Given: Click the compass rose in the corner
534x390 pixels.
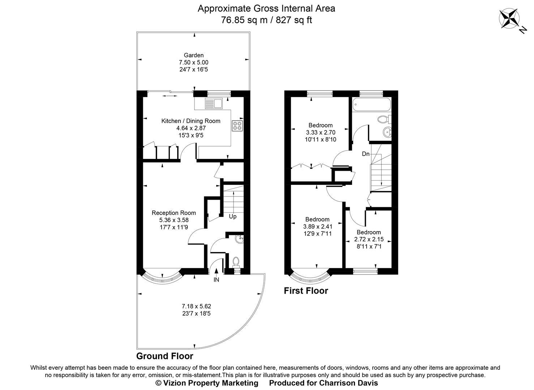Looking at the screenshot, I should point(509,19).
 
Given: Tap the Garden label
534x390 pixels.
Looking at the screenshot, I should point(194,55).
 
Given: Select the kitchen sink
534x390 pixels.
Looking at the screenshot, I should point(213,103).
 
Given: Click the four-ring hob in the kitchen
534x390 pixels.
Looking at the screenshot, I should point(238,126).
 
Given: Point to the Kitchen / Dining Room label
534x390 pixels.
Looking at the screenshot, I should point(191,121).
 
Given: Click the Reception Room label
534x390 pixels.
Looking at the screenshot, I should point(174,213).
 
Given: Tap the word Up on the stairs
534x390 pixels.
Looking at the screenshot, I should point(233,216).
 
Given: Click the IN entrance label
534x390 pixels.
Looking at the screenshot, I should point(216,279).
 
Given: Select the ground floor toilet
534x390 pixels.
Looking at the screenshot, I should point(236,261).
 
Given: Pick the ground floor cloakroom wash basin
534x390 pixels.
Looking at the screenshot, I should point(239,239).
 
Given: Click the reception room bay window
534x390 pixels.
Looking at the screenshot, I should point(162,277).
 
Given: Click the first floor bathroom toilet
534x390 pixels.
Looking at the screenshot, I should point(383,119).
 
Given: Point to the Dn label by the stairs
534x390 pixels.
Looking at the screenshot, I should point(366,154).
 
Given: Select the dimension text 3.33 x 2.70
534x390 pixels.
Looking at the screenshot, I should point(320,133).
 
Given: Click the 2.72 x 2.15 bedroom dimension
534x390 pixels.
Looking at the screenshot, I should point(369,239).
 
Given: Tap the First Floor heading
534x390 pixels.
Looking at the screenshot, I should point(306,291).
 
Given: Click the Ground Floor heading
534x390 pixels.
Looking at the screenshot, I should point(165,356).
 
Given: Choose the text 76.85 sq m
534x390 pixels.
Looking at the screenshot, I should point(244,20).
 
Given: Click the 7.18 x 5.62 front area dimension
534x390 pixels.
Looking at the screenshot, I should point(196,306).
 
